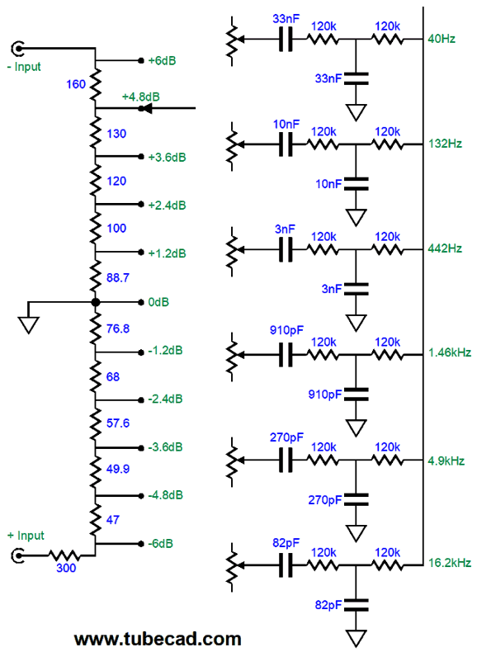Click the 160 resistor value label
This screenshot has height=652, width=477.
point(76,84)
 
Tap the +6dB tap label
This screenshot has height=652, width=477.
point(163,61)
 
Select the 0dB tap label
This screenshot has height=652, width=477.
point(158,302)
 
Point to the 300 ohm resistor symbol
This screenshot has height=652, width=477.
point(64,555)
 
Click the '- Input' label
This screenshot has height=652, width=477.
point(24,67)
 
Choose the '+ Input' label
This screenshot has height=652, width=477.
point(26,536)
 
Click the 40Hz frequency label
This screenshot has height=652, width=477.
point(442,39)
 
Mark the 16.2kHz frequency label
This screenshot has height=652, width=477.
point(450,563)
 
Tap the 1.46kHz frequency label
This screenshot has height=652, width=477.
point(450,352)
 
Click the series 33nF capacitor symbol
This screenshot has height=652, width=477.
point(286,40)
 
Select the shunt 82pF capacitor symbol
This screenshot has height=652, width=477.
point(356,605)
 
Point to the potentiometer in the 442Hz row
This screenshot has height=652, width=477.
point(232,251)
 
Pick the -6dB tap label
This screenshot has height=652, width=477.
point(161,544)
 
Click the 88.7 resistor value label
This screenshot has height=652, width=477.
point(118,278)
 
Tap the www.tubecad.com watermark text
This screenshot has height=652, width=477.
point(158,639)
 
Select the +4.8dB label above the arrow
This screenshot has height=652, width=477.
point(141,97)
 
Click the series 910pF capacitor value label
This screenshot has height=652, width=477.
point(286,330)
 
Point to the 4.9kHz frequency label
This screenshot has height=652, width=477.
point(446,461)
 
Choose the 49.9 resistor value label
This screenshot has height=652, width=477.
point(118,469)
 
